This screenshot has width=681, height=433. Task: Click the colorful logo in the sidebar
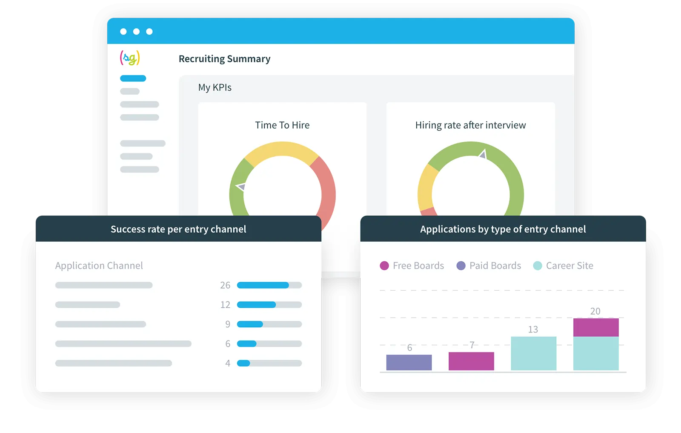(130, 58)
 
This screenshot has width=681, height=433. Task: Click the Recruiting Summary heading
(224, 59)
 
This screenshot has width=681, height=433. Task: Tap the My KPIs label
(215, 87)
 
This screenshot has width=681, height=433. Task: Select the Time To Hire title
(282, 125)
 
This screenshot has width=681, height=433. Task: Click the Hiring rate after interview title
(470, 125)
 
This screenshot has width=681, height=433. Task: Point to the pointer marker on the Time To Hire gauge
(241, 186)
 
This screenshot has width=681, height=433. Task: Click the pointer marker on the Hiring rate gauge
(483, 154)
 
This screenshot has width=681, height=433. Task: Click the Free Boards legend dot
(384, 266)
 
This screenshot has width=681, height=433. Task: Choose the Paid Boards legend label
(495, 266)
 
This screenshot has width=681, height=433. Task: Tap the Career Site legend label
(569, 266)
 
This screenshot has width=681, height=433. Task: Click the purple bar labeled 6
(409, 362)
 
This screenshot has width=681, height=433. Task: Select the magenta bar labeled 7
(471, 361)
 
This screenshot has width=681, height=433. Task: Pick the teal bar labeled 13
(533, 353)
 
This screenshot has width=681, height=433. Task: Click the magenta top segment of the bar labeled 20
(596, 327)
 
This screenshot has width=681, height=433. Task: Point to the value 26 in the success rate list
(225, 285)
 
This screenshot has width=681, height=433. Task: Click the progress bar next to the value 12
(269, 305)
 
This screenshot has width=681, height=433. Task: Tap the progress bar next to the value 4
(269, 363)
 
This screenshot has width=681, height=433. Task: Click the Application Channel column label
(99, 266)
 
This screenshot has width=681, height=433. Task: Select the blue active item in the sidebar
(133, 78)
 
